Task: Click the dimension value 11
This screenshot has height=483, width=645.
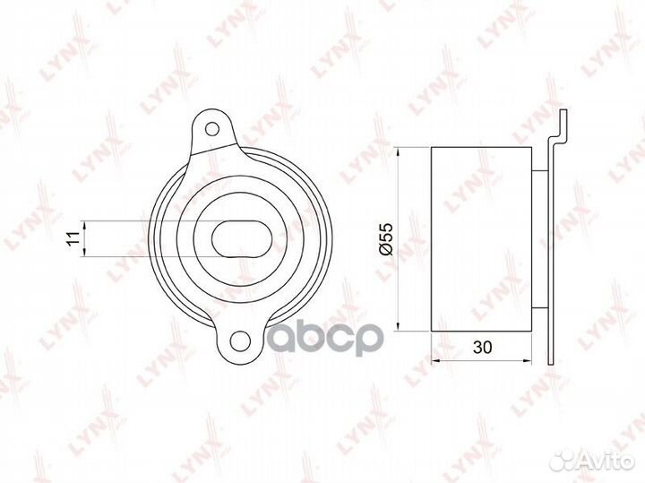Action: coord(73,238)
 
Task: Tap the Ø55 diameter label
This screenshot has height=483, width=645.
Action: coord(387,239)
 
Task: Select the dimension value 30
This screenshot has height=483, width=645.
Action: coord(482,347)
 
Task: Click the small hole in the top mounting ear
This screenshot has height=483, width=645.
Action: coord(211,129)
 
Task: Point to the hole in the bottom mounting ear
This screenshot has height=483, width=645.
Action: coord(240,341)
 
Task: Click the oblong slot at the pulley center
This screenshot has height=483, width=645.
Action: coord(242,239)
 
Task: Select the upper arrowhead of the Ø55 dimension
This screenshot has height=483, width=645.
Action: coord(398,152)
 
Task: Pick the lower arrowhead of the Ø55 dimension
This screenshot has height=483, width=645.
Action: coord(398,325)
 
